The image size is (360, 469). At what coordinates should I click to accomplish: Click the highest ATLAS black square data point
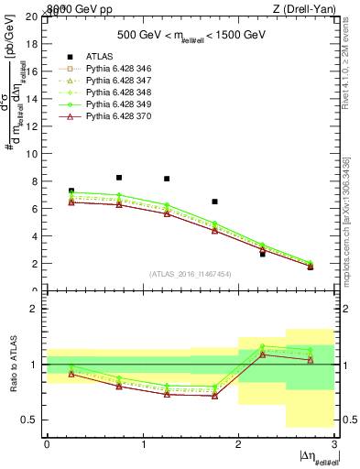pyautogui.click(x=119, y=178)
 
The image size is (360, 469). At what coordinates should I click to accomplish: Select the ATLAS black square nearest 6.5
pyautogui.click(x=214, y=202)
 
